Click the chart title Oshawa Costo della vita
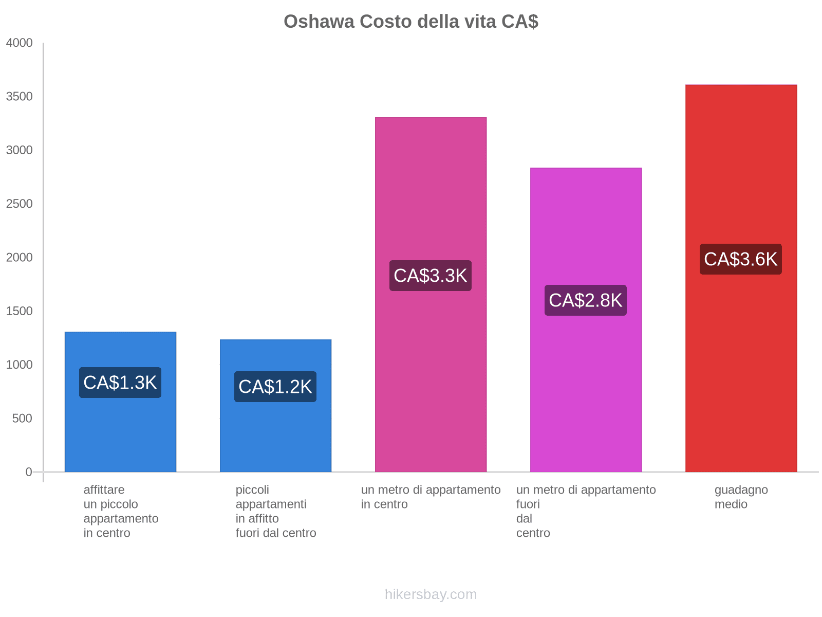pyautogui.click(x=410, y=22)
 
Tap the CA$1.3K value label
pyautogui.click(x=120, y=383)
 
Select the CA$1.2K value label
pyautogui.click(x=275, y=387)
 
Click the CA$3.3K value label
pyautogui.click(x=431, y=276)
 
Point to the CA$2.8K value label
pyautogui.click(x=586, y=300)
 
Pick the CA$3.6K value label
pyautogui.click(x=741, y=259)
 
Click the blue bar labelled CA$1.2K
pyautogui.click(x=275, y=437)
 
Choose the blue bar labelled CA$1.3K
pyautogui.click(x=120, y=437)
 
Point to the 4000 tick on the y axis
pyautogui.click(x=20, y=43)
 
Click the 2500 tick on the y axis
pyautogui.click(x=20, y=204)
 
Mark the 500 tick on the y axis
pyautogui.click(x=22, y=419)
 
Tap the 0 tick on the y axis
pyautogui.click(x=29, y=472)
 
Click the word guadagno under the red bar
pyautogui.click(x=741, y=490)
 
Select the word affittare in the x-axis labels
pyautogui.click(x=104, y=490)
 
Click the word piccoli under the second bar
pyautogui.click(x=252, y=490)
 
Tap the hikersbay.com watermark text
pyautogui.click(x=431, y=594)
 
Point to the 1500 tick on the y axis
pyautogui.click(x=20, y=311)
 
